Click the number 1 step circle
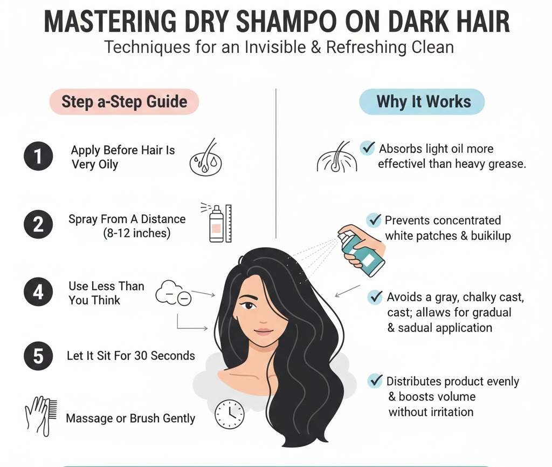[38, 157]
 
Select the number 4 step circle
[38, 292]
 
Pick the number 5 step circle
[38, 356]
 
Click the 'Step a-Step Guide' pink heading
[124, 101]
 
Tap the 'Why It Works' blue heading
[423, 101]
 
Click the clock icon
[229, 414]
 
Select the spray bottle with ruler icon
[217, 222]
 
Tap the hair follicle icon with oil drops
[205, 158]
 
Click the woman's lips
[264, 331]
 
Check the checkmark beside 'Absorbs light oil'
[368, 147]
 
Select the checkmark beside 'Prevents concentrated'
[374, 220]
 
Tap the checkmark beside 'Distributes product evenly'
[375, 381]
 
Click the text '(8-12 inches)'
[136, 234]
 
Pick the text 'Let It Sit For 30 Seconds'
[130, 356]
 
